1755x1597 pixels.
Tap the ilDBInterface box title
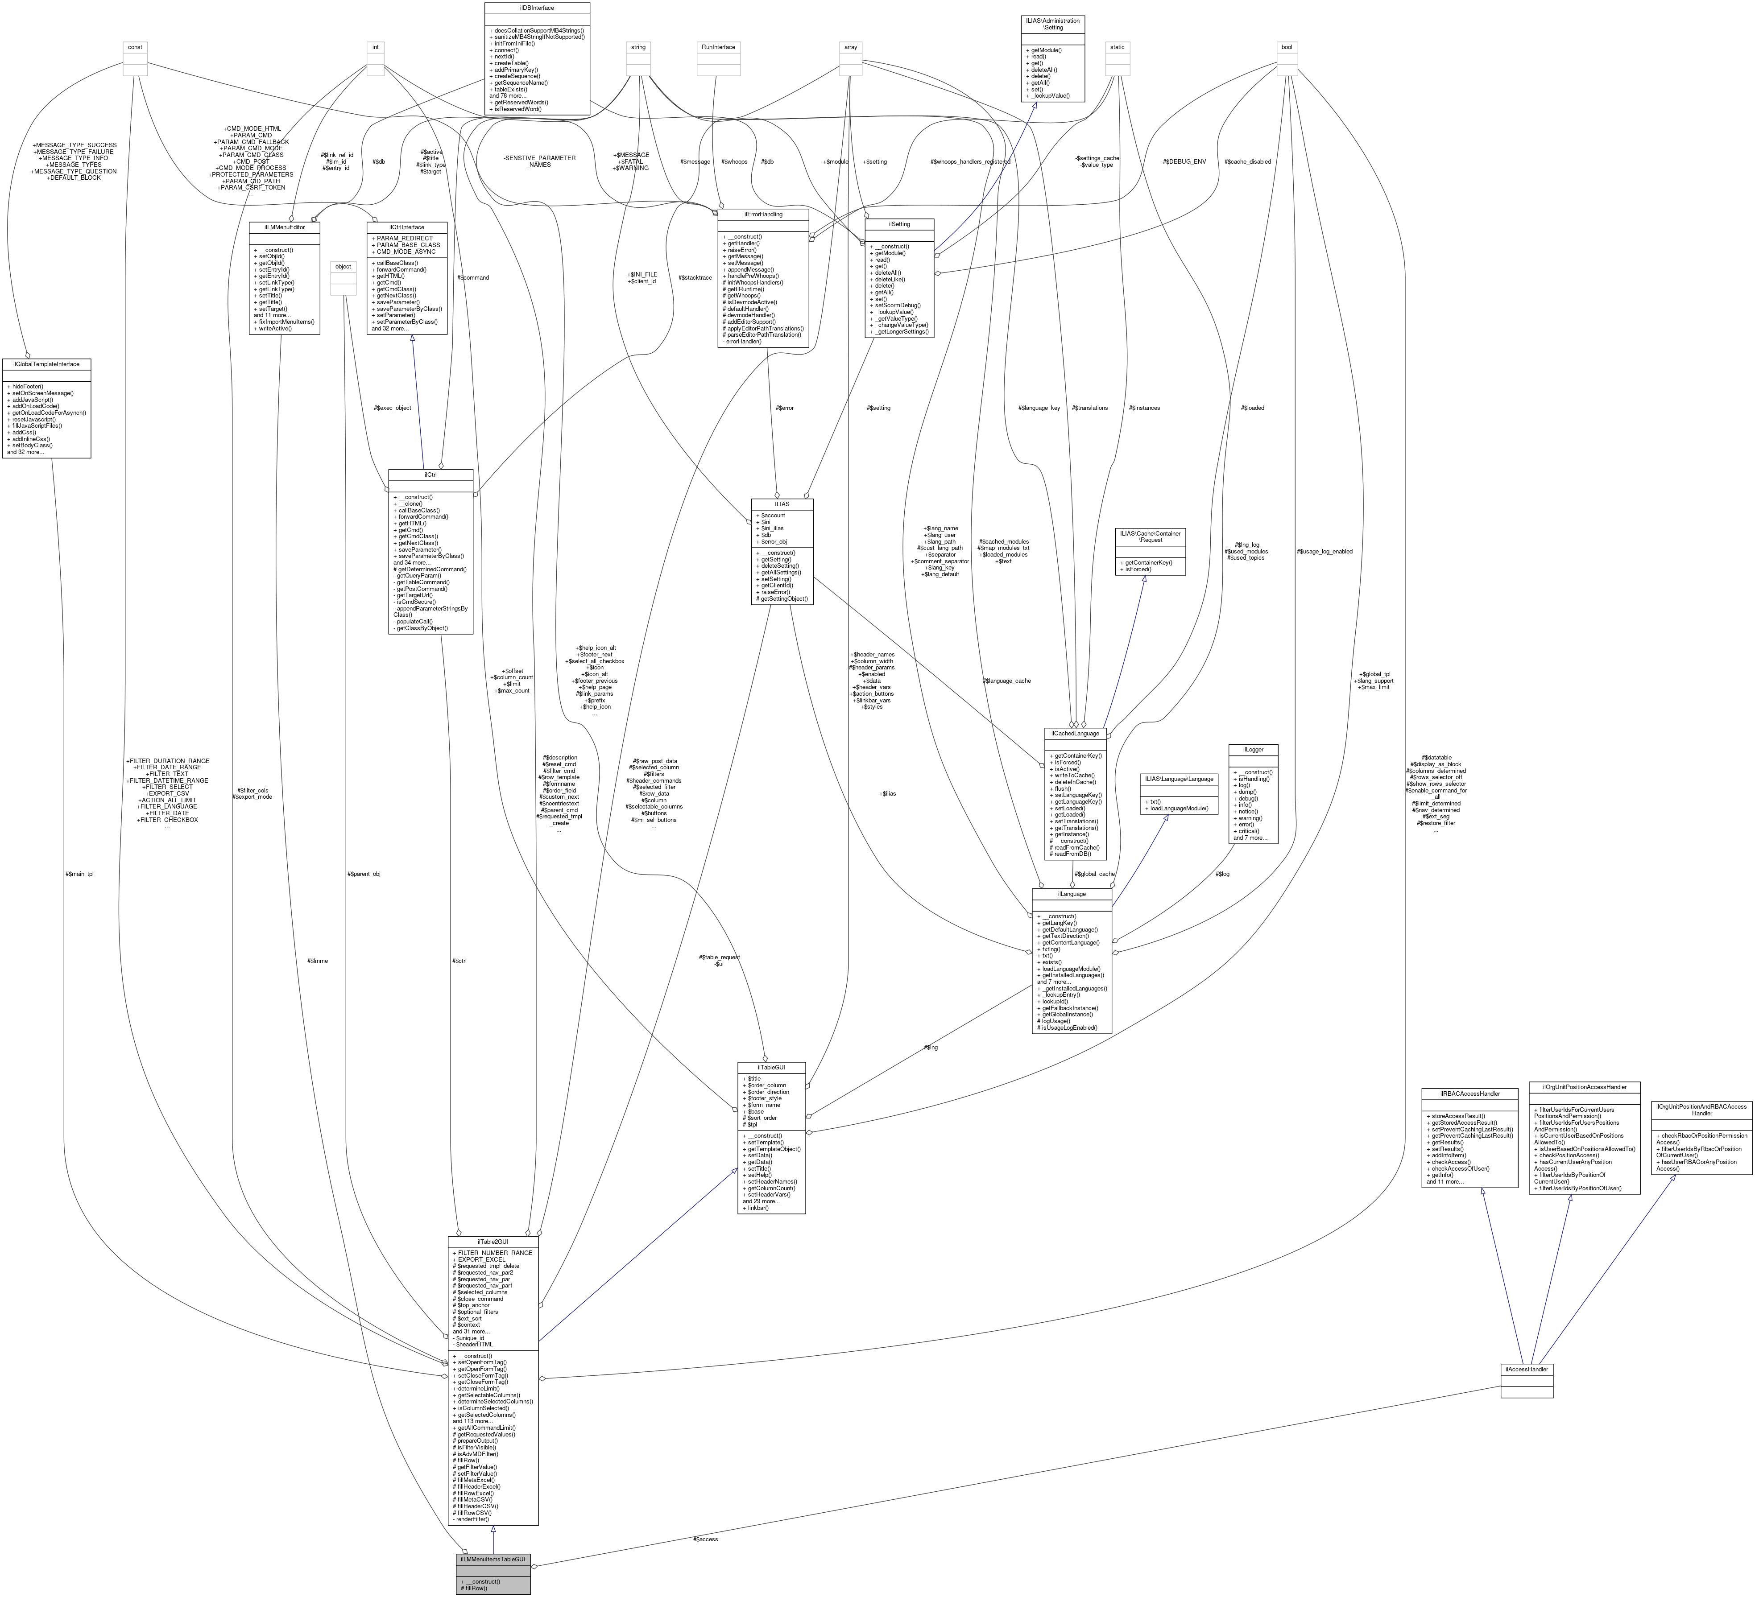click(x=537, y=7)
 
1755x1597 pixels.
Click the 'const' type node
click(x=135, y=47)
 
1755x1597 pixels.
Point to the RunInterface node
click(x=717, y=47)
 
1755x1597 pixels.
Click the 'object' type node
click(x=343, y=266)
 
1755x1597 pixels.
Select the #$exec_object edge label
click(x=392, y=407)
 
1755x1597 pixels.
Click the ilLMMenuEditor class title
click(x=285, y=226)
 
